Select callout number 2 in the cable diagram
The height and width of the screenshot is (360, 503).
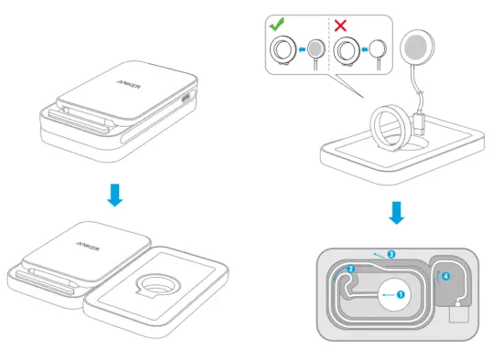(350, 270)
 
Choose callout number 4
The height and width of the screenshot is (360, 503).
(445, 275)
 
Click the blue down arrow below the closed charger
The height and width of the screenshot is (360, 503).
(112, 193)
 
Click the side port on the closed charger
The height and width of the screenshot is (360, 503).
(188, 99)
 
